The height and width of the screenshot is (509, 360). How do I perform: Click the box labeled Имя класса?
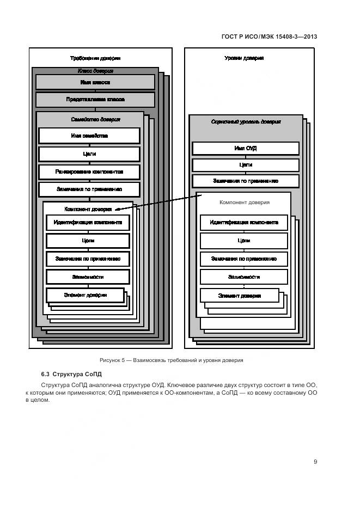click(95, 82)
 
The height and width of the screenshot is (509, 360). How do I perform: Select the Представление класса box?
click(95, 100)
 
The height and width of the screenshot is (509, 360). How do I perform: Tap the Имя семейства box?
click(89, 136)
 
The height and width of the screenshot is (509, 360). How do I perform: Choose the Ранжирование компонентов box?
click(89, 171)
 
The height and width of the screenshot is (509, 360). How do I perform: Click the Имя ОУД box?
click(245, 148)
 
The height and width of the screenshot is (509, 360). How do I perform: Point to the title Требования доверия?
click(95, 58)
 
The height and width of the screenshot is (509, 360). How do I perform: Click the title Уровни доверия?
click(245, 58)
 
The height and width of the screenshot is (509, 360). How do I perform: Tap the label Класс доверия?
click(95, 71)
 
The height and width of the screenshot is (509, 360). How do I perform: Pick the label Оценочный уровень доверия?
click(246, 122)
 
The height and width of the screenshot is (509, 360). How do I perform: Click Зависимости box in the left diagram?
click(88, 277)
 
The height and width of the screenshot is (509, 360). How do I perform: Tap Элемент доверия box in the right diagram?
click(240, 296)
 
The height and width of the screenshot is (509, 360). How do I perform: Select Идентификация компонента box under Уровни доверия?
click(244, 223)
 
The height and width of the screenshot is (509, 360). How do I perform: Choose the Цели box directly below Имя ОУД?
click(245, 165)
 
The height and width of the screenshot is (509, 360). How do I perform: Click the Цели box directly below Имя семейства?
click(89, 154)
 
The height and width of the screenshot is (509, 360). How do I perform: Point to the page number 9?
click(315, 462)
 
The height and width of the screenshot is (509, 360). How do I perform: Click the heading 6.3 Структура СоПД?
click(71, 375)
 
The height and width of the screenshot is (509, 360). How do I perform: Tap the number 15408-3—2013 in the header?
click(297, 37)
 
